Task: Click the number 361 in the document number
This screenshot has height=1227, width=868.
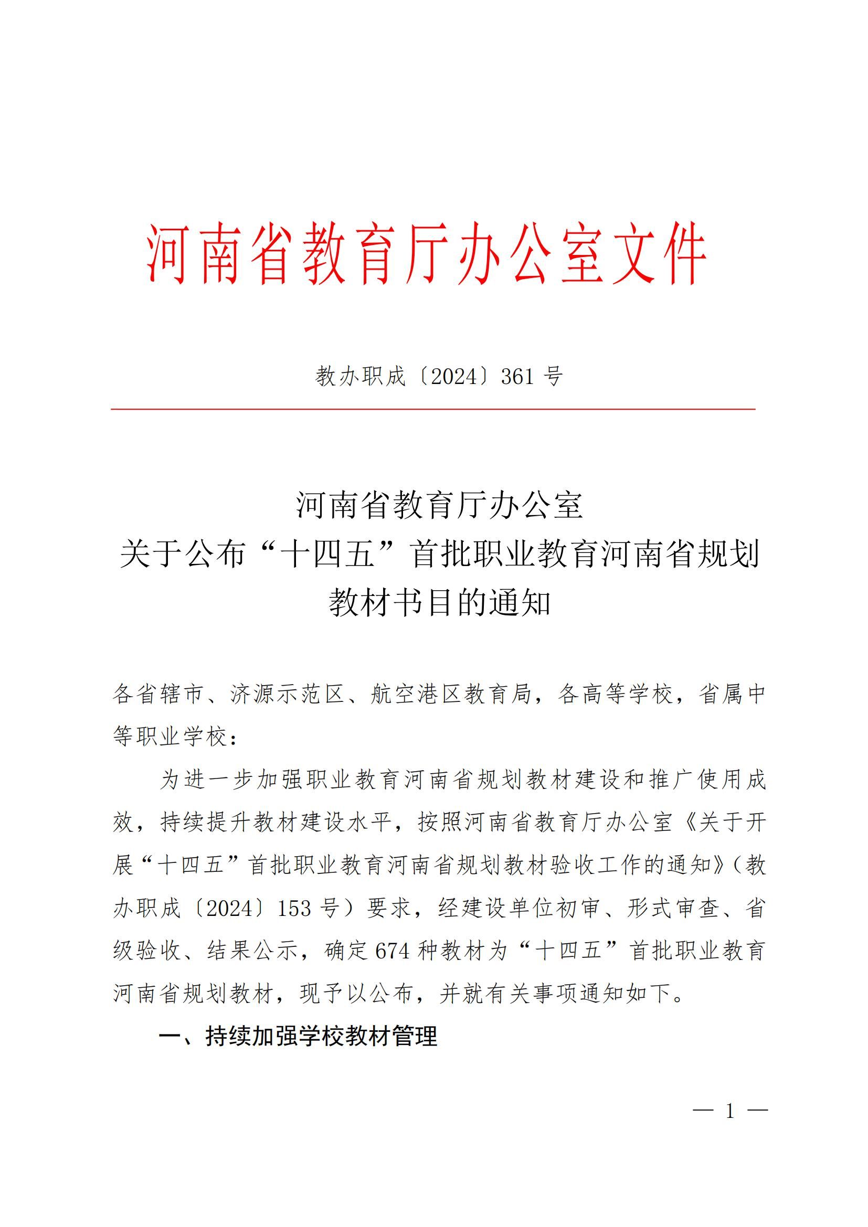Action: (517, 377)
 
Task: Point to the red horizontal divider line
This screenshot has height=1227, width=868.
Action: (433, 409)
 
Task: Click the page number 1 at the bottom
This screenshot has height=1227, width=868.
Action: (730, 1112)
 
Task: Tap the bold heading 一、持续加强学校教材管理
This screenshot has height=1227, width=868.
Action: (298, 1036)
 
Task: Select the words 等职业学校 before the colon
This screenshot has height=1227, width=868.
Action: (170, 737)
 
